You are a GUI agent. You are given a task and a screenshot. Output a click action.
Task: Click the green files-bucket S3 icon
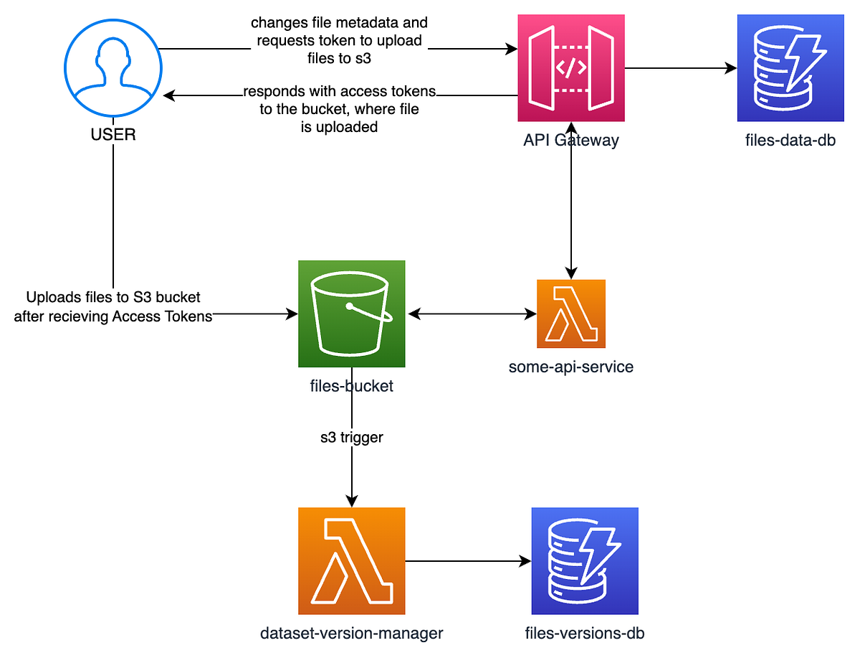[352, 314]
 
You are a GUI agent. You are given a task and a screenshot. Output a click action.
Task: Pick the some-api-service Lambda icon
[571, 314]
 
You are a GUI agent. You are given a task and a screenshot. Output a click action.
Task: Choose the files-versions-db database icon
[585, 560]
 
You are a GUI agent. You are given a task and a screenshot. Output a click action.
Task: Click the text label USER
[113, 134]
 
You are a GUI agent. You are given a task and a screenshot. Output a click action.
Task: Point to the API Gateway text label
[570, 140]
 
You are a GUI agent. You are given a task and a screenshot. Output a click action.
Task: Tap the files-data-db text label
[790, 140]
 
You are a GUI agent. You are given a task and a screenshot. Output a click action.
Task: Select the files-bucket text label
[352, 386]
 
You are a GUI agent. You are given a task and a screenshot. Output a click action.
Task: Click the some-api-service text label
[571, 367]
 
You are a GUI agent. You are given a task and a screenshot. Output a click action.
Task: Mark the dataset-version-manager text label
[352, 633]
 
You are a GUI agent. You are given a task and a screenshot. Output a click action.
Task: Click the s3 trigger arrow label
[352, 437]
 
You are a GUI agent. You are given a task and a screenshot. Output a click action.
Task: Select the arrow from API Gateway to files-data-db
[681, 69]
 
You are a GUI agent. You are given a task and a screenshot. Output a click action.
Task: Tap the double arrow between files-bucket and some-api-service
[472, 314]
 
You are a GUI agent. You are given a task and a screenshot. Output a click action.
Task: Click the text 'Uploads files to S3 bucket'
[113, 297]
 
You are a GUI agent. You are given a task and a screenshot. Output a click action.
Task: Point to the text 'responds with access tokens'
[340, 93]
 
